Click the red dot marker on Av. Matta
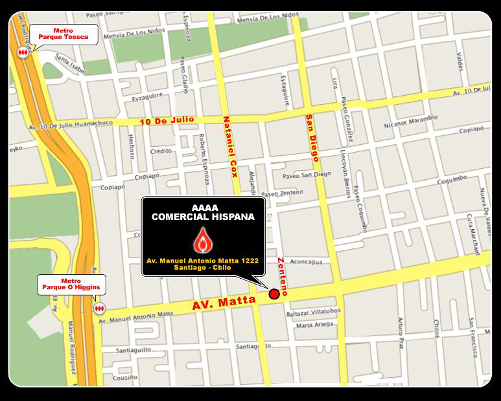pos(274,294)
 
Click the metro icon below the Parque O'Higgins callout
pos(99,309)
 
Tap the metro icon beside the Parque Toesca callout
pos(24,51)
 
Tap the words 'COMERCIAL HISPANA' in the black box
pos(203,217)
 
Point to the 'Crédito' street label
pos(161,151)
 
